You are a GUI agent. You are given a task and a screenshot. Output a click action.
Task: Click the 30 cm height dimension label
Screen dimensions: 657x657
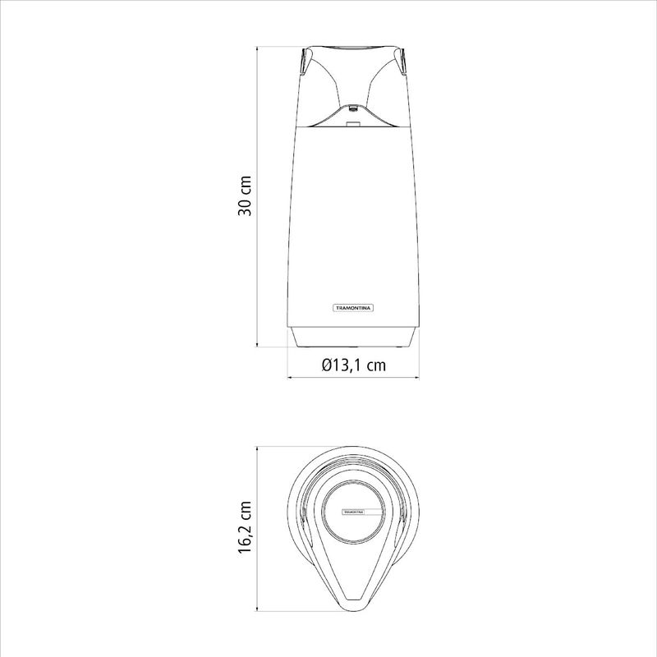[245, 196]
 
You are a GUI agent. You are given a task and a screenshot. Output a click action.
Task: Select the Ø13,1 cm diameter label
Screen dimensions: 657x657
[354, 365]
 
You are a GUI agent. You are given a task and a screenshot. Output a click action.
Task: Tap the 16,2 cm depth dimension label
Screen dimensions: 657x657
[245, 526]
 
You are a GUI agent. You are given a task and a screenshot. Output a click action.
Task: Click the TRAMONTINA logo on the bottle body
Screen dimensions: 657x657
[353, 308]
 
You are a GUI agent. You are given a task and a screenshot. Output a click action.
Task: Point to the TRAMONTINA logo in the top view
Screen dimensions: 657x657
[354, 512]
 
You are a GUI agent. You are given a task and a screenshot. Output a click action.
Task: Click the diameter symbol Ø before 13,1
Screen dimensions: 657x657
[327, 365]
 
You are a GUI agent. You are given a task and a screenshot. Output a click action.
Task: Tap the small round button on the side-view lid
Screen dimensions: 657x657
[353, 108]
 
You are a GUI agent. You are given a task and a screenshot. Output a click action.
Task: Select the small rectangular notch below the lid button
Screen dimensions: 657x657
[353, 124]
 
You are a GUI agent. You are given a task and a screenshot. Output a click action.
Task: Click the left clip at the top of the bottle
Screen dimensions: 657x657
[304, 62]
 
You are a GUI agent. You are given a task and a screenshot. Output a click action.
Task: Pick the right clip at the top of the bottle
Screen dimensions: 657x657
[402, 62]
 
